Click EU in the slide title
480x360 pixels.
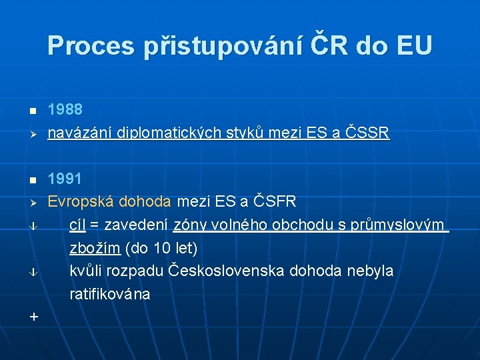(x=413, y=45)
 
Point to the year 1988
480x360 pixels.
(x=65, y=110)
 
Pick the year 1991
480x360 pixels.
(x=65, y=179)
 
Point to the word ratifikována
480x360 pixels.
(x=110, y=293)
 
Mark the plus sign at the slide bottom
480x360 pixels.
(x=34, y=317)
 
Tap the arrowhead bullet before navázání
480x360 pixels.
(x=34, y=134)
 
